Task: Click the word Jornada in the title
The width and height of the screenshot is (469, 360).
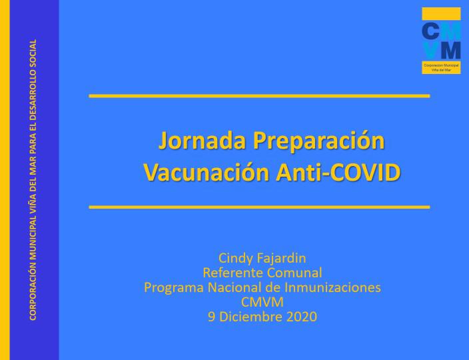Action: click(202, 141)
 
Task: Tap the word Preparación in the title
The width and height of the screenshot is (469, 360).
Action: click(319, 141)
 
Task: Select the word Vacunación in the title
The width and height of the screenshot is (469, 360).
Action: click(207, 172)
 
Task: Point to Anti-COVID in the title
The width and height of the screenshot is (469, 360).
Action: click(338, 173)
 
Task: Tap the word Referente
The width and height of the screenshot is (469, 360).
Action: click(233, 273)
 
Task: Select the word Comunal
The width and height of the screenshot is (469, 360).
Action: click(294, 273)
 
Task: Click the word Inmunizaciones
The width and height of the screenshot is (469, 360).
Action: click(332, 287)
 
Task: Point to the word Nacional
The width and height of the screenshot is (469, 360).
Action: click(234, 287)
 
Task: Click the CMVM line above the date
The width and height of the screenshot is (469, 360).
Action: click(262, 302)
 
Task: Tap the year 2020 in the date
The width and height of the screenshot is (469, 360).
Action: click(302, 317)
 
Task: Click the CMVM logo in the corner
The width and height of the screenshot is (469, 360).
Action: click(441, 41)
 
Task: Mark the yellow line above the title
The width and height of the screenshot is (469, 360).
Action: click(259, 96)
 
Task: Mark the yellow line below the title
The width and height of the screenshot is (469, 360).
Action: click(259, 207)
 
